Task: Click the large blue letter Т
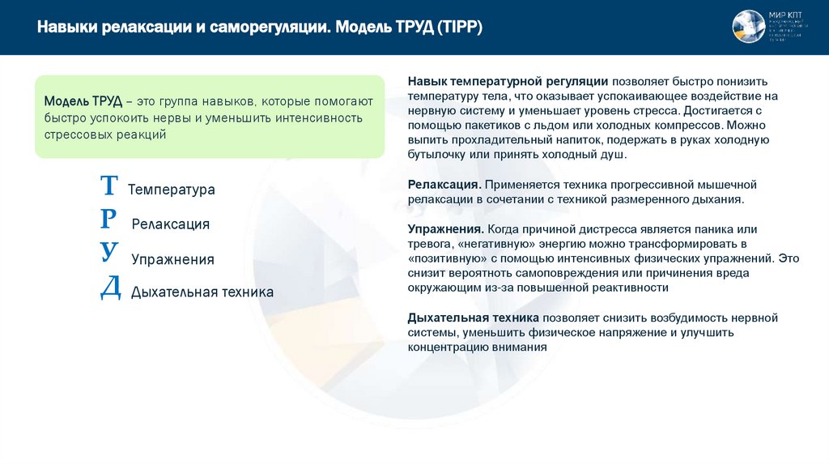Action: coord(108,186)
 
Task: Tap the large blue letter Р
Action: coord(109,219)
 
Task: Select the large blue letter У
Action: coord(109,253)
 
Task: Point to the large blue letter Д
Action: coord(110,288)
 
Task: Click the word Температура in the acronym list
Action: coord(172,190)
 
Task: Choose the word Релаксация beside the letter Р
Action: coord(170,224)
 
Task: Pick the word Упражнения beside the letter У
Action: coord(172,260)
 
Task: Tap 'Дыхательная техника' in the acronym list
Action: coord(202,292)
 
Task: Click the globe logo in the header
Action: coord(748,27)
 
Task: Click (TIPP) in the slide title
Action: coord(460,28)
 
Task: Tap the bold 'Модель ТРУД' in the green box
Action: coord(83,101)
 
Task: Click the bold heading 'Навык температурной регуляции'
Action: coord(508,82)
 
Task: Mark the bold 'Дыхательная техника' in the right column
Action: coord(474,318)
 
